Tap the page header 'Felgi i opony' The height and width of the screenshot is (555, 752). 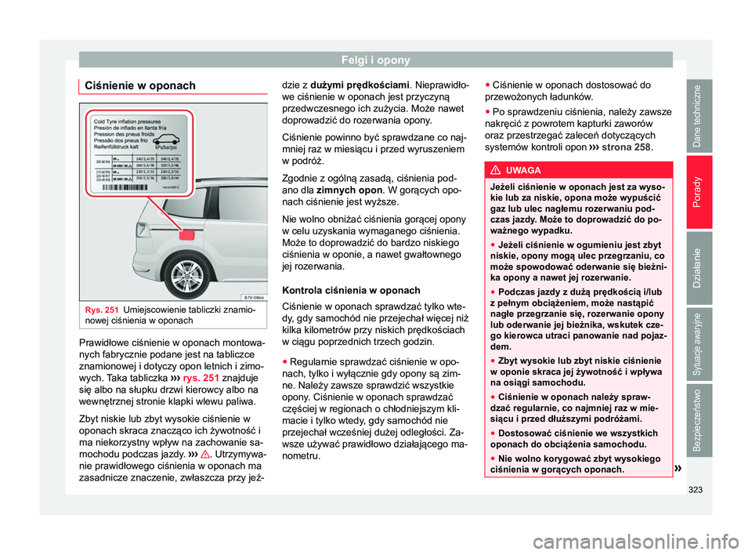(376, 59)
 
